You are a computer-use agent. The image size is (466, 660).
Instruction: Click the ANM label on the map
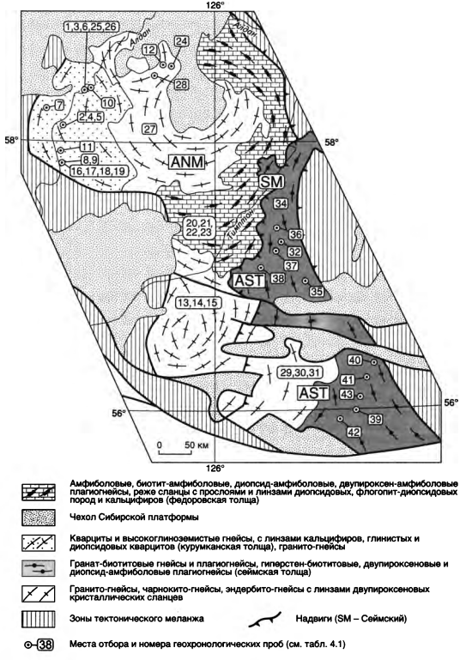pos(186,161)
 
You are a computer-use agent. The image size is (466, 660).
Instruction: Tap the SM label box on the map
pos(271,182)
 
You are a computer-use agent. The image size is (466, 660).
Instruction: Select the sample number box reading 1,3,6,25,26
pos(91,26)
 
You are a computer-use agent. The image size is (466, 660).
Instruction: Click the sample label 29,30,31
pos(295,372)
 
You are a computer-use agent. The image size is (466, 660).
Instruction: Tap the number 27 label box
pos(149,129)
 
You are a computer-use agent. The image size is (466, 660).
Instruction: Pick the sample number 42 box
pos(355,432)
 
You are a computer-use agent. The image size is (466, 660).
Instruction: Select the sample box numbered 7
pos(59,105)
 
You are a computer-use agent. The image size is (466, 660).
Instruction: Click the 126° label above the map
pos(215,5)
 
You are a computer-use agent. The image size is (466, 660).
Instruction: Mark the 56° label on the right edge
pos(451,403)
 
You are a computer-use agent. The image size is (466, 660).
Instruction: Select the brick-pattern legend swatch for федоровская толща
pos(39,492)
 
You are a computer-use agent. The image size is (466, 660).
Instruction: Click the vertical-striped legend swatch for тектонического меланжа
pos(39,619)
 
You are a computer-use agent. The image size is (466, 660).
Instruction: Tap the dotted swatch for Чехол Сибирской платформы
pos(39,518)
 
